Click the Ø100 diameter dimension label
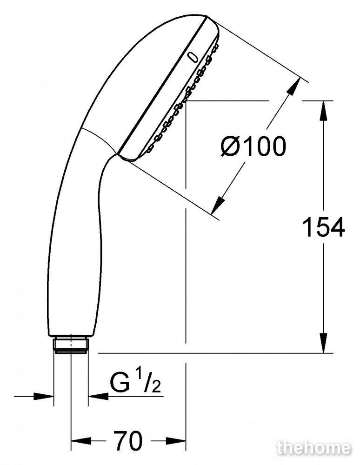[x=253, y=146]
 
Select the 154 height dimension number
[x=323, y=227]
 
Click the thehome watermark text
[x=314, y=448]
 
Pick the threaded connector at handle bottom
[x=71, y=344]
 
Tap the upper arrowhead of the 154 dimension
[x=323, y=111]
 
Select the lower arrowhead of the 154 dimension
[x=323, y=343]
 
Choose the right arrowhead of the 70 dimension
[x=176, y=440]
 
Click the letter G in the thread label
[x=120, y=383]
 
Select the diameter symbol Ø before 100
[x=233, y=146]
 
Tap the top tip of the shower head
[x=206, y=15]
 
